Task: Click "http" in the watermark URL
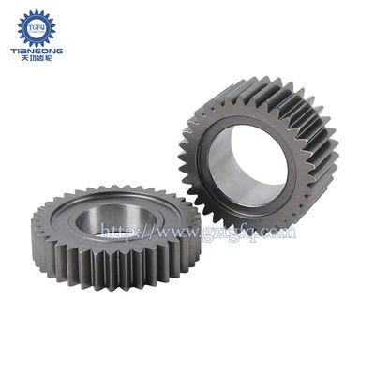116,230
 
